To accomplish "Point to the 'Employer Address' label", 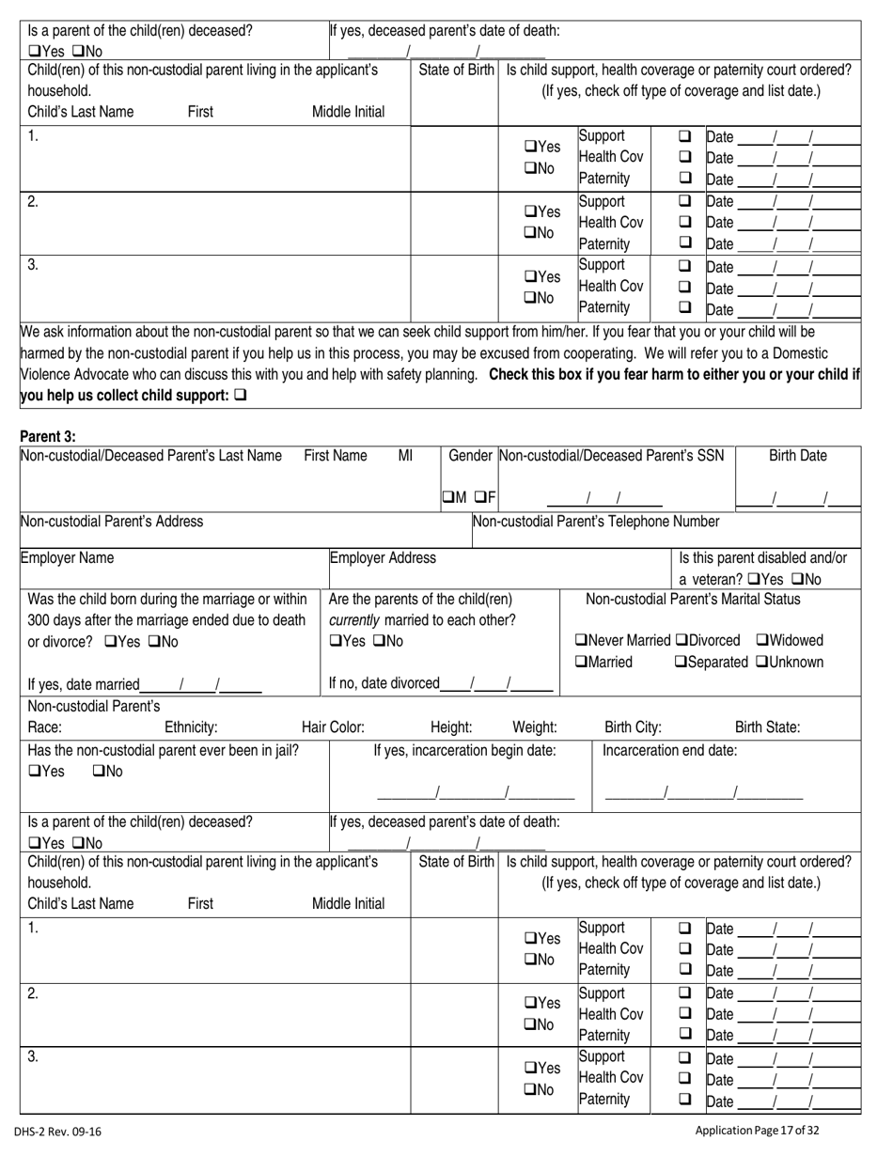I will pyautogui.click(x=383, y=557).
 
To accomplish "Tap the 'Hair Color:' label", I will pyautogui.click(x=333, y=726).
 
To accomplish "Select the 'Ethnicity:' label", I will pyautogui.click(x=191, y=726).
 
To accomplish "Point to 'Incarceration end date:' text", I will pyautogui.click(x=669, y=750).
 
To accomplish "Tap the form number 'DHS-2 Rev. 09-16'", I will pyautogui.click(x=58, y=1133).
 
